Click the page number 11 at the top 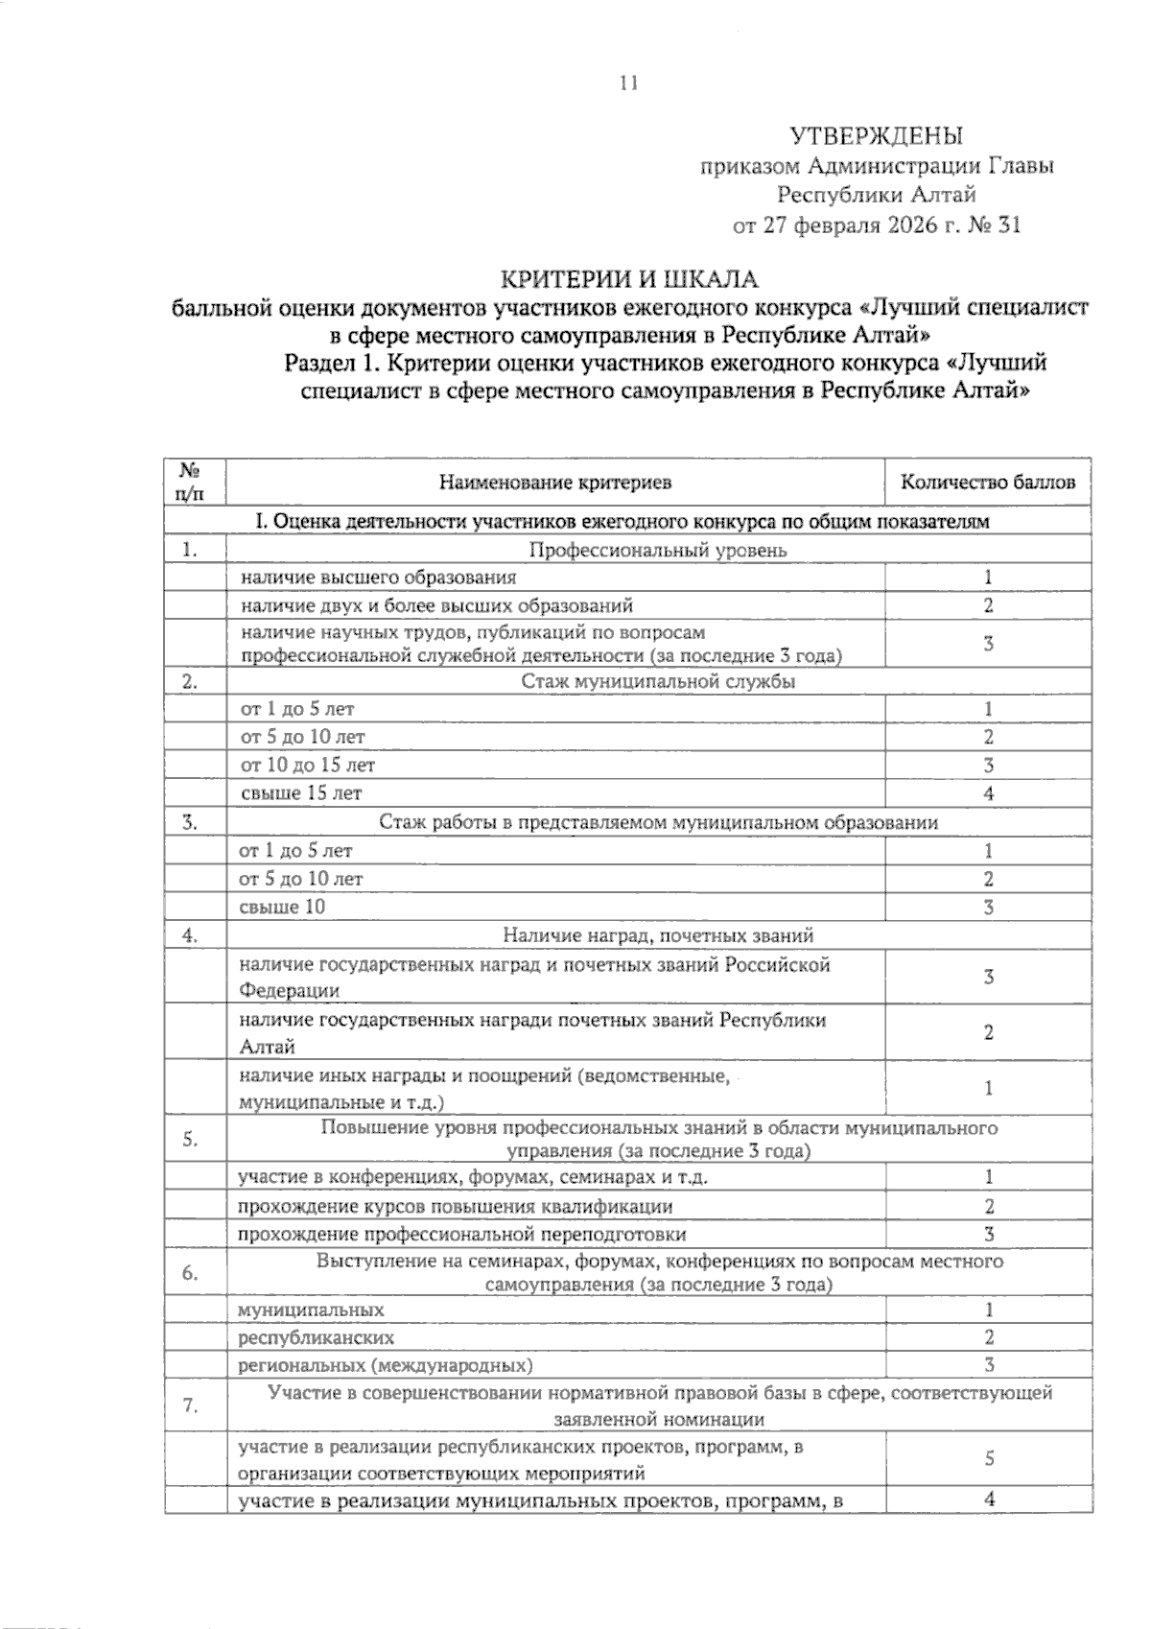[628, 83]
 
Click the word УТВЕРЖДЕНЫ [876, 135]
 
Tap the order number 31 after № [1008, 226]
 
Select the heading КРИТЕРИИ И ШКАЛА [631, 279]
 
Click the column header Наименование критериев [555, 482]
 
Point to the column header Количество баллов [988, 482]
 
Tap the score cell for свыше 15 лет [988, 793]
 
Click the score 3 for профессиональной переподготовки [988, 1234]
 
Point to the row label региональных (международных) [386, 1365]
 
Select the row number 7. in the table [190, 1405]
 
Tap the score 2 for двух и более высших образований [988, 605]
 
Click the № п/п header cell [190, 482]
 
